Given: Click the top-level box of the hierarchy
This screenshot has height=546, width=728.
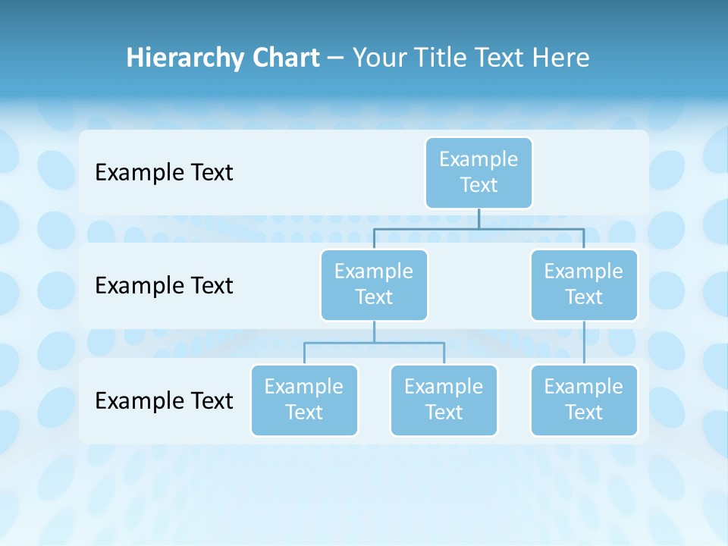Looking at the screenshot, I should (x=479, y=172).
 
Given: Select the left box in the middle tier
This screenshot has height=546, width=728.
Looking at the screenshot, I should (x=374, y=284).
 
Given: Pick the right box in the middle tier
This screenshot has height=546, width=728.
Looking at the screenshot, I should (x=584, y=284).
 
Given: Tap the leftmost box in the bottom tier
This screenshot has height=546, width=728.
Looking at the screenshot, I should (x=304, y=400).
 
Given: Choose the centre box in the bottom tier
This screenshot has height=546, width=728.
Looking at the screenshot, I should (x=444, y=400).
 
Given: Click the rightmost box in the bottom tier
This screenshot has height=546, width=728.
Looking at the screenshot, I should (x=584, y=400).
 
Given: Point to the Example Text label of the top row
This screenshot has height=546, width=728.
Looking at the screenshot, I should (x=164, y=173).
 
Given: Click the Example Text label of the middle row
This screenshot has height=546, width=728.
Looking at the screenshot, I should (x=164, y=286).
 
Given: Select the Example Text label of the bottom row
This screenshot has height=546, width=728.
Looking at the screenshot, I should (x=164, y=400).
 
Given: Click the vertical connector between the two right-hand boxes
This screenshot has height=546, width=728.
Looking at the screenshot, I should (x=584, y=343).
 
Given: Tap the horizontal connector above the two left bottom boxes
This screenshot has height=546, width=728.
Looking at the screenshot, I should (x=374, y=343).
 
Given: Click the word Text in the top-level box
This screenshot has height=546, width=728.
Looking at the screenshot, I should (x=479, y=185).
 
